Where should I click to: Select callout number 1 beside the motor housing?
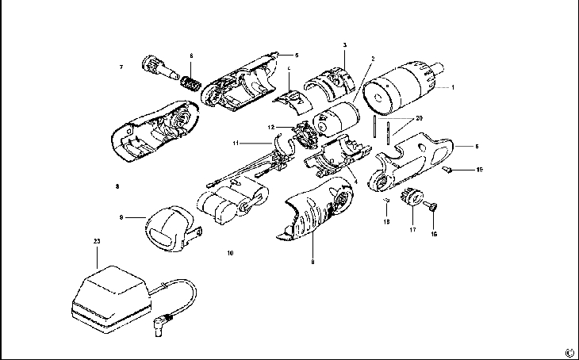pyautogui.click(x=452, y=87)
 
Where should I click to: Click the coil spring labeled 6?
pyautogui.click(x=190, y=82)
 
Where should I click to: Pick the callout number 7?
pyautogui.click(x=121, y=67)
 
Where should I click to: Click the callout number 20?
pyautogui.click(x=419, y=118)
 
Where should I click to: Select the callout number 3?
pyautogui.click(x=345, y=44)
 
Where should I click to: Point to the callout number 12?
pyautogui.click(x=271, y=127)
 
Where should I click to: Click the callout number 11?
pyautogui.click(x=236, y=144)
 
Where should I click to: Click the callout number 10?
pyautogui.click(x=230, y=254)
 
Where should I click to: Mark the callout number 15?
pyautogui.click(x=479, y=170)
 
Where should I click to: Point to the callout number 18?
pyautogui.click(x=387, y=223)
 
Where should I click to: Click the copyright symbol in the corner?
pyautogui.click(x=569, y=352)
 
